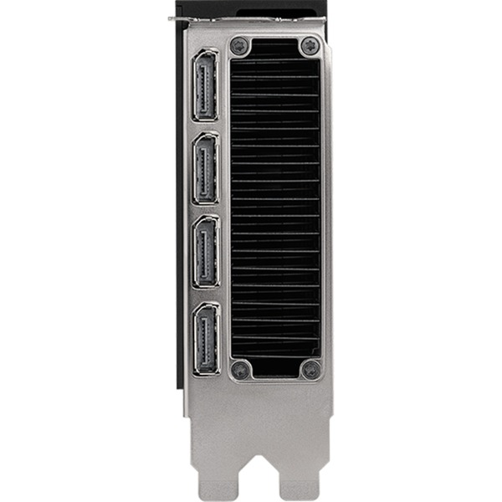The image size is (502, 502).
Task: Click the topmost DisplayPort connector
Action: point(205,85)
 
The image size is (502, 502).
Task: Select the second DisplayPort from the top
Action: point(205,168)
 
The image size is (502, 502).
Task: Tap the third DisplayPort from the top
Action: point(205,251)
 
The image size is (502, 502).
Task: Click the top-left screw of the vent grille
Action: point(240,45)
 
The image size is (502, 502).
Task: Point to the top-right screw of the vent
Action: point(310,45)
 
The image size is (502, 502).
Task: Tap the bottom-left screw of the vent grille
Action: point(240,368)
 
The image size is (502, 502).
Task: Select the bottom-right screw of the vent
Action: point(310,368)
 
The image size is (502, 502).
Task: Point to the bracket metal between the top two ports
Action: point(205,126)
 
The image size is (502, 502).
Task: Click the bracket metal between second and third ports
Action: point(205,210)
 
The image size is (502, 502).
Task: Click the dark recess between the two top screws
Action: point(275,47)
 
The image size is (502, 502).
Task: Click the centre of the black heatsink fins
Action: point(275,207)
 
